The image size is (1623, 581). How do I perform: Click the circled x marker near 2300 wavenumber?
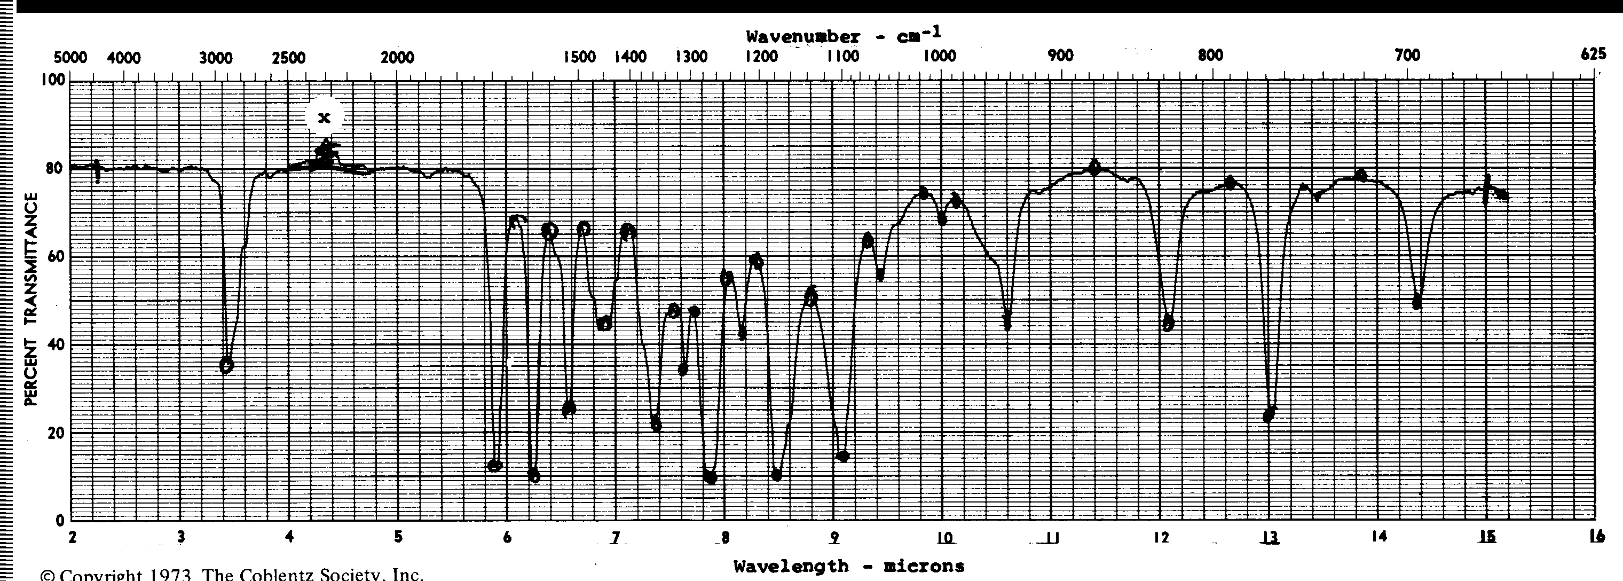[x=325, y=117]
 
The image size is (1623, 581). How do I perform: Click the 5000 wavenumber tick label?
[x=70, y=59]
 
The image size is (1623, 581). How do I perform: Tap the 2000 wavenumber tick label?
[x=398, y=58]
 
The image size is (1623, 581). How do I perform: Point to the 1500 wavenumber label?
[x=579, y=57]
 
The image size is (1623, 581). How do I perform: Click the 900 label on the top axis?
[x=1060, y=56]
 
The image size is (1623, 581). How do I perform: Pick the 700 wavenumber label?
[x=1407, y=56]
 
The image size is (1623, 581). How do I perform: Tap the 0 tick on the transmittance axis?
[x=60, y=521]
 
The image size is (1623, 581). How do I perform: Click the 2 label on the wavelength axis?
[x=73, y=538]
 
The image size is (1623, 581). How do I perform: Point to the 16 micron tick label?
[x=1596, y=537]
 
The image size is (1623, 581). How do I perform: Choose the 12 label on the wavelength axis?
[x=1161, y=538]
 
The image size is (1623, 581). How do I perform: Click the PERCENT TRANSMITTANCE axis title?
[x=30, y=300]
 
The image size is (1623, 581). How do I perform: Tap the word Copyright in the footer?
[x=104, y=574]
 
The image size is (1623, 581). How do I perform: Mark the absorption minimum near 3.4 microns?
[x=226, y=365]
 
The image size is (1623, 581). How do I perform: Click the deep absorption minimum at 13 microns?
[x=1269, y=415]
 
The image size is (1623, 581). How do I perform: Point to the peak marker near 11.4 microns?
[x=1094, y=168]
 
